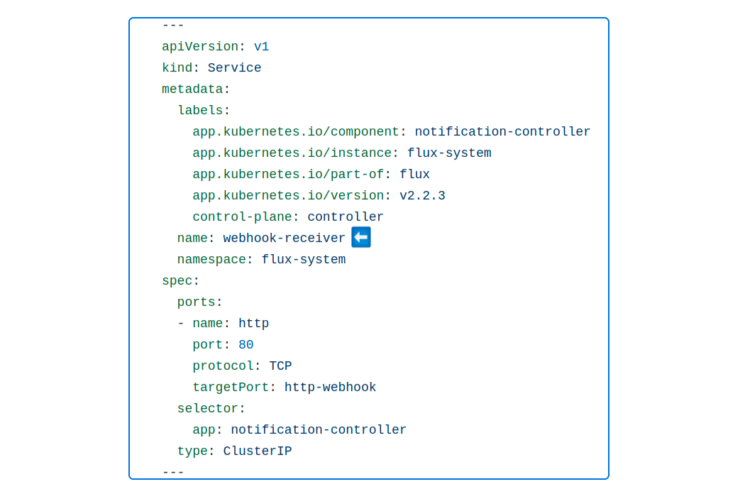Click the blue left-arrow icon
(x=361, y=238)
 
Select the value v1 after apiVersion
(x=261, y=47)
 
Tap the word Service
(x=234, y=68)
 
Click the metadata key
(x=192, y=89)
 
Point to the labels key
(x=200, y=111)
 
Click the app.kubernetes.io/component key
(x=295, y=132)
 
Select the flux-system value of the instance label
(x=449, y=153)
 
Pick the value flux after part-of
(x=414, y=175)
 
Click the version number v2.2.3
(x=422, y=196)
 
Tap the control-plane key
(x=242, y=217)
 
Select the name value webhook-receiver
(x=284, y=238)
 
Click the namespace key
(x=211, y=260)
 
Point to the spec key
(x=177, y=281)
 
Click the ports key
(x=197, y=302)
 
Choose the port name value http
(x=253, y=324)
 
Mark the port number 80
(x=245, y=345)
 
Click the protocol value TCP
(x=280, y=366)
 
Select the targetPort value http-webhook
(x=330, y=388)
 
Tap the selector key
(x=207, y=409)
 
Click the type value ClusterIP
(x=258, y=451)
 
